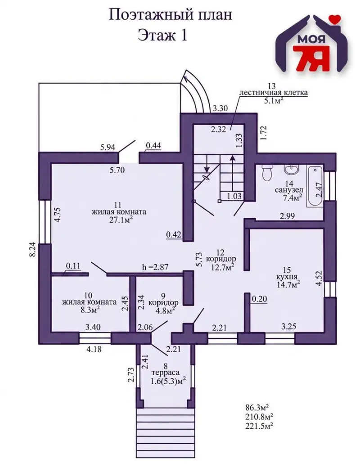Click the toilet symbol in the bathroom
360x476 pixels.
[267, 173]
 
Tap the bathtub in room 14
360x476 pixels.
[315, 186]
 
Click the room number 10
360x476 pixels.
[88, 295]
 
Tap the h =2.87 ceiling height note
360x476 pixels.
[155, 267]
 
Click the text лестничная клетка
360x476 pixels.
[274, 93]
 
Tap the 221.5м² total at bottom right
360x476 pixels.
[259, 426]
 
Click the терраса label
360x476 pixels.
[165, 373]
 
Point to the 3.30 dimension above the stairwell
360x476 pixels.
[220, 108]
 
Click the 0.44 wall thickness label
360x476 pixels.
[153, 146]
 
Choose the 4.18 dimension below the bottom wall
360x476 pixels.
[94, 350]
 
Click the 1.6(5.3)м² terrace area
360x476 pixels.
[168, 380]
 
